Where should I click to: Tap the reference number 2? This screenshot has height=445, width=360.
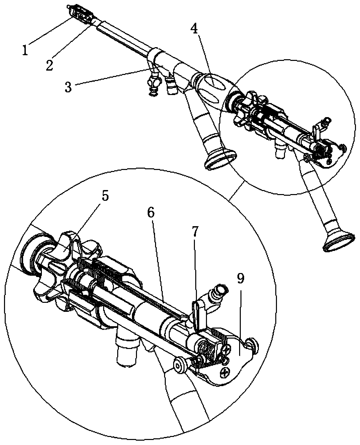49,65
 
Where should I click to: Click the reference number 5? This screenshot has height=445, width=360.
105,196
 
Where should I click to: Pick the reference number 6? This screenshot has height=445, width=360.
151,213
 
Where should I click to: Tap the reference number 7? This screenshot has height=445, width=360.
196,232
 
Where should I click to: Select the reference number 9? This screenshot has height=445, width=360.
241,278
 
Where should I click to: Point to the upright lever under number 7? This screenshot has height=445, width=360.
199,315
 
